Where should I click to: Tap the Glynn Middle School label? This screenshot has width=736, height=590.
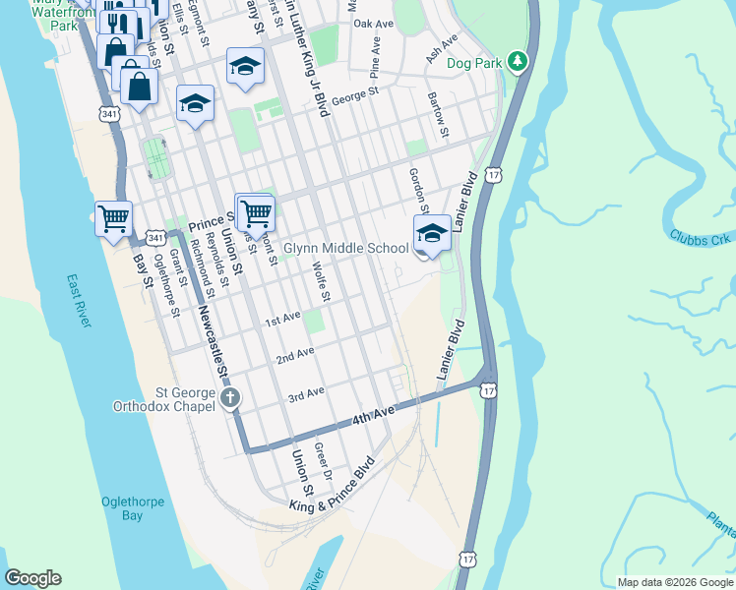[x=345, y=249]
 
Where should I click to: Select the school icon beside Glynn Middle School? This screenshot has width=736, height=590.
[x=431, y=234]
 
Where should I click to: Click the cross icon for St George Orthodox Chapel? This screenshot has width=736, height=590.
[x=230, y=398]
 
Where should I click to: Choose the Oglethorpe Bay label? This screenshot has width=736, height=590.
[x=133, y=508]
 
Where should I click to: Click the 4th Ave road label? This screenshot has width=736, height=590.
[x=373, y=416]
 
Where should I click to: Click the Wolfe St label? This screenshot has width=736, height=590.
[x=319, y=281]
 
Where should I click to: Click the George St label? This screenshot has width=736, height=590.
[x=355, y=95]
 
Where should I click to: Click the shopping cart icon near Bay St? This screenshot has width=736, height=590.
[x=113, y=217]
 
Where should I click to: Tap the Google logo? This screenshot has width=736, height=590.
[x=32, y=578]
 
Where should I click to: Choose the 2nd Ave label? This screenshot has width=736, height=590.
[x=295, y=354]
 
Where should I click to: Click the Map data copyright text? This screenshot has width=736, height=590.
[x=675, y=582]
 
